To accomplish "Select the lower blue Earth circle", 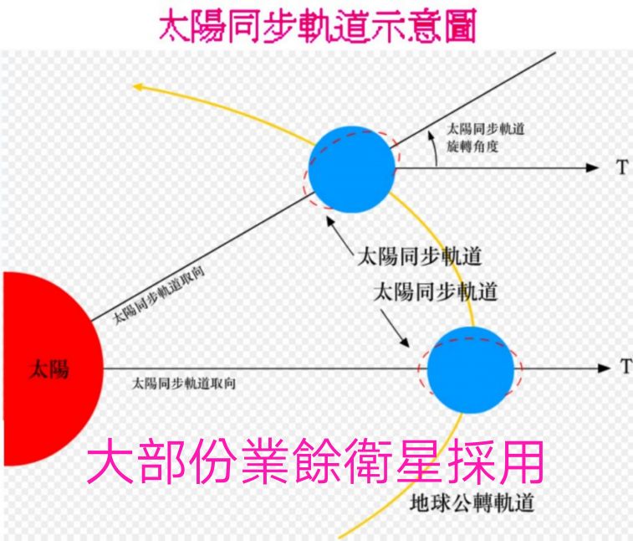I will (470, 368).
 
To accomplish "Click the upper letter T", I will (621, 167).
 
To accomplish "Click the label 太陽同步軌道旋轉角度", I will (485, 139).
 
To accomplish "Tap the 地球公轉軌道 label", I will (473, 504).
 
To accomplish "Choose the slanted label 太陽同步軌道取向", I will (159, 297).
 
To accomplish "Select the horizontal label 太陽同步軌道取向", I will (183, 384).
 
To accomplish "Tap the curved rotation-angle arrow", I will (433, 151).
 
